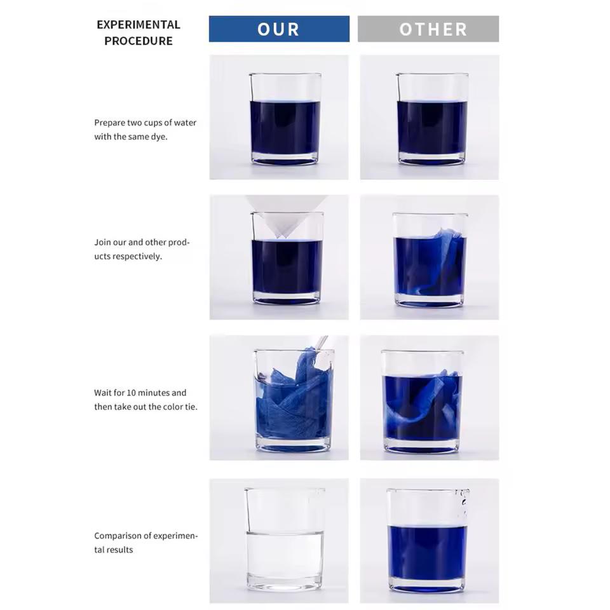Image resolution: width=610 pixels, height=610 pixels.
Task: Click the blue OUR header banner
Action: pos(279,29)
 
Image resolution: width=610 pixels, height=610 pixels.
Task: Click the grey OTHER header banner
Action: pos(428,29)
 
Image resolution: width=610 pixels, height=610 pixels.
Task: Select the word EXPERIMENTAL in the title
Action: pos(139,25)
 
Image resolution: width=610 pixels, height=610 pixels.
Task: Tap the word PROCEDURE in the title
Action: pos(139,41)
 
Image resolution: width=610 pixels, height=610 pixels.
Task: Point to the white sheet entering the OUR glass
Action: pos(287,216)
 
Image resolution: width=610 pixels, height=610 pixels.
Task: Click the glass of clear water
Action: pos(285,539)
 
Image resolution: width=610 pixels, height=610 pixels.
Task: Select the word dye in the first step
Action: pos(159,137)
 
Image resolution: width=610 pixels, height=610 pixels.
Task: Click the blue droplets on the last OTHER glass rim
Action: pos(463,503)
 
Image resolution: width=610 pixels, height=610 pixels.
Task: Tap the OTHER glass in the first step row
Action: pos(432,119)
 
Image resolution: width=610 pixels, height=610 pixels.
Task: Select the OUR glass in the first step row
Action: pos(285,119)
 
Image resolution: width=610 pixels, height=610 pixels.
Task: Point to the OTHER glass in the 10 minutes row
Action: pos(423,402)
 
